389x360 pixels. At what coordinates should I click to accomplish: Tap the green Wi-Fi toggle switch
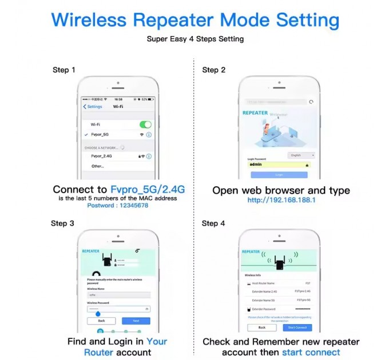pyautogui.click(x=145, y=124)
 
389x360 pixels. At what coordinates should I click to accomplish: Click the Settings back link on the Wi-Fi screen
pyautogui.click(x=93, y=106)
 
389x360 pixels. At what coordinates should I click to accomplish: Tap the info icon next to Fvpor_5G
pyautogui.click(x=149, y=134)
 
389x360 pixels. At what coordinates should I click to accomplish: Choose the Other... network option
pyautogui.click(x=98, y=166)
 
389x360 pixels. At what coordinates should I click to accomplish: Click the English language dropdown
pyautogui.click(x=301, y=155)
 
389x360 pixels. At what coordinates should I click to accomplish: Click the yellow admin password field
pyautogui.click(x=279, y=165)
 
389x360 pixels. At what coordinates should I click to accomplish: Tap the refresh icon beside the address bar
pyautogui.click(x=311, y=102)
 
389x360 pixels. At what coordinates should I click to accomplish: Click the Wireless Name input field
pyautogui.click(x=118, y=295)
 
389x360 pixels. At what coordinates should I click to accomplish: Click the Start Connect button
pyautogui.click(x=297, y=327)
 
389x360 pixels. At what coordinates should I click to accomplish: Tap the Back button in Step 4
pyautogui.click(x=262, y=327)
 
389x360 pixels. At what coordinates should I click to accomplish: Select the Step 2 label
pyautogui.click(x=214, y=70)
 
